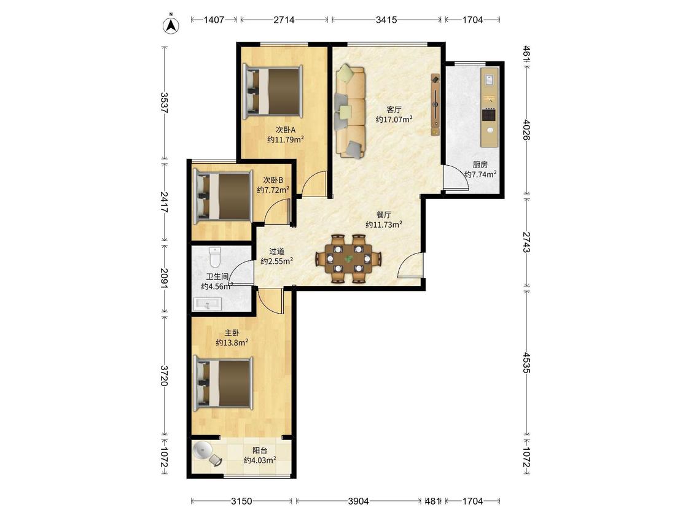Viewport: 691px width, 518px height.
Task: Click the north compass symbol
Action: pyautogui.click(x=171, y=25)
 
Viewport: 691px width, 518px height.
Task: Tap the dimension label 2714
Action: pyautogui.click(x=284, y=20)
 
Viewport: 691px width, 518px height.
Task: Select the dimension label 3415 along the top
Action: pyautogui.click(x=386, y=20)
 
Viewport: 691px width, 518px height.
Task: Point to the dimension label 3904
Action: pyautogui.click(x=358, y=501)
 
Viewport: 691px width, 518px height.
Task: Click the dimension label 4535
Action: pyautogui.click(x=526, y=362)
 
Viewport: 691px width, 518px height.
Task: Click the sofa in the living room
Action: pyautogui.click(x=350, y=111)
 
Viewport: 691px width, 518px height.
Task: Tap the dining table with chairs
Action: pyautogui.click(x=348, y=258)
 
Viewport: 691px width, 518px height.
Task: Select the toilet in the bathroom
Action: pyautogui.click(x=214, y=257)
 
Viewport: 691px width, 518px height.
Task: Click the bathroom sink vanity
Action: pyautogui.click(x=207, y=304)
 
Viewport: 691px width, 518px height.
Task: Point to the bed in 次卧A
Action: pyautogui.click(x=273, y=91)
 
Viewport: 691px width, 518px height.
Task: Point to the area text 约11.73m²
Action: pyautogui.click(x=384, y=225)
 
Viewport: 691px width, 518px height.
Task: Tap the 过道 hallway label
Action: pyautogui.click(x=277, y=252)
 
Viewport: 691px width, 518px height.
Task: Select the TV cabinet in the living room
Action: pyautogui.click(x=435, y=104)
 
